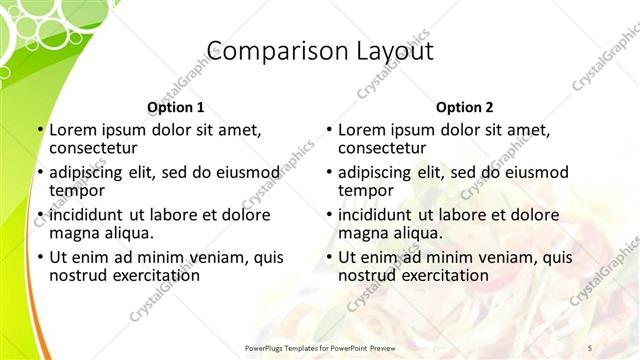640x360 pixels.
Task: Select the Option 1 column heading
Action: pos(175,107)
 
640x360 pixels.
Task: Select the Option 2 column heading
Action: pos(464,107)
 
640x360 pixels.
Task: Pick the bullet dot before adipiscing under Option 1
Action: pos(40,172)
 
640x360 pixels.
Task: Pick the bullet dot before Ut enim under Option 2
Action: pos(329,257)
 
